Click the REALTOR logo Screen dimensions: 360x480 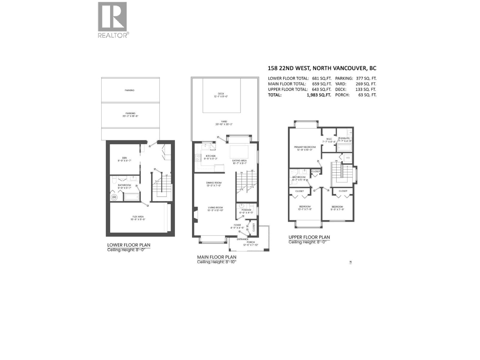click(x=112, y=20)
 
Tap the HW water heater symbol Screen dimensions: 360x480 click(x=114, y=197)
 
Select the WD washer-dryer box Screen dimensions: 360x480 click(x=348, y=158)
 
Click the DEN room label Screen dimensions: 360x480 click(x=124, y=158)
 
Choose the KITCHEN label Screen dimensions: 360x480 click(x=210, y=156)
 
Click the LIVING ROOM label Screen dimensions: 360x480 click(x=215, y=208)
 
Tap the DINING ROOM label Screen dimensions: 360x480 click(x=214, y=183)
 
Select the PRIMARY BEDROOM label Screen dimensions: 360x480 click(x=304, y=147)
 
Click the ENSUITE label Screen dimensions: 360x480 click(x=345, y=138)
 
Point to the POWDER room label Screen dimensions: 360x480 click(x=246, y=210)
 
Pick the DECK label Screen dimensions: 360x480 click(x=221, y=94)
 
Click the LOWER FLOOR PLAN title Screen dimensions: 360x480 click(x=129, y=245)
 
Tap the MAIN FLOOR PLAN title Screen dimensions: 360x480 click(x=217, y=257)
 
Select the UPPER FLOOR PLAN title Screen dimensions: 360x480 click(x=309, y=237)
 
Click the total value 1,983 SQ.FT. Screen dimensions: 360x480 click(x=319, y=95)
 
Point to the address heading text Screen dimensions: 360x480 click(x=322, y=68)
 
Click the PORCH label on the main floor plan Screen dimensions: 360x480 click(x=250, y=242)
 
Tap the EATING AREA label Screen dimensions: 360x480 click(x=239, y=160)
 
